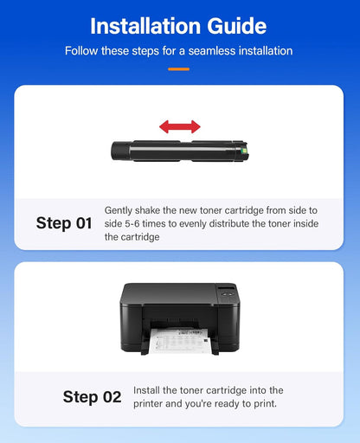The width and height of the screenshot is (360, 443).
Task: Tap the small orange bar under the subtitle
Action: pyautogui.click(x=179, y=68)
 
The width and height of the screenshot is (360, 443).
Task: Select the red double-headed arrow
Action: pyautogui.click(x=179, y=127)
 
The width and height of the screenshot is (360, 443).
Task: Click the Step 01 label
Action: pyautogui.click(x=64, y=223)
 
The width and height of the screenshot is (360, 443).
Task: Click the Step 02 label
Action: pyautogui.click(x=92, y=397)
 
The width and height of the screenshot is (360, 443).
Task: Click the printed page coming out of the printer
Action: pyautogui.click(x=179, y=343)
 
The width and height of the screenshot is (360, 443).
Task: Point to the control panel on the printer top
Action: pyautogui.click(x=226, y=292)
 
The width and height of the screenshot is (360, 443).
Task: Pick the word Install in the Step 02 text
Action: pyautogui.click(x=149, y=391)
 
